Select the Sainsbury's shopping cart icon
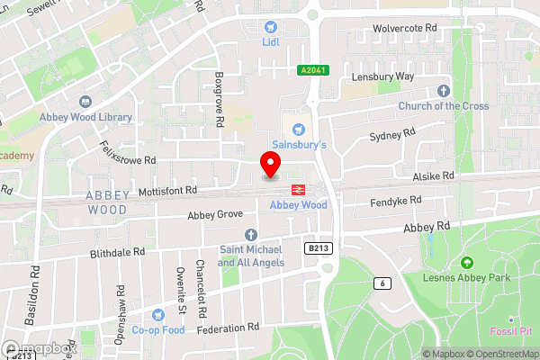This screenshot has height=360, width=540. [x=299, y=130]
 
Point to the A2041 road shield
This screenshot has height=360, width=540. [x=311, y=69]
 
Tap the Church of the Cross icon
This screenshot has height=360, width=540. [x=443, y=91]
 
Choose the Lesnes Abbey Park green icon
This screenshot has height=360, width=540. [x=466, y=263]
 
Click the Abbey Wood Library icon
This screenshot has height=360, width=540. [x=86, y=103]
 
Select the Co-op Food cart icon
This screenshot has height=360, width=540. [x=159, y=315]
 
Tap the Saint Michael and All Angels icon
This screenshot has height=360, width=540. [x=251, y=235]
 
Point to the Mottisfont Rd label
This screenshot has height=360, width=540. [x=167, y=191]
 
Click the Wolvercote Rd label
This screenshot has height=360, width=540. [x=405, y=29]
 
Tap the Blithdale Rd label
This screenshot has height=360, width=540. [x=118, y=253]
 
